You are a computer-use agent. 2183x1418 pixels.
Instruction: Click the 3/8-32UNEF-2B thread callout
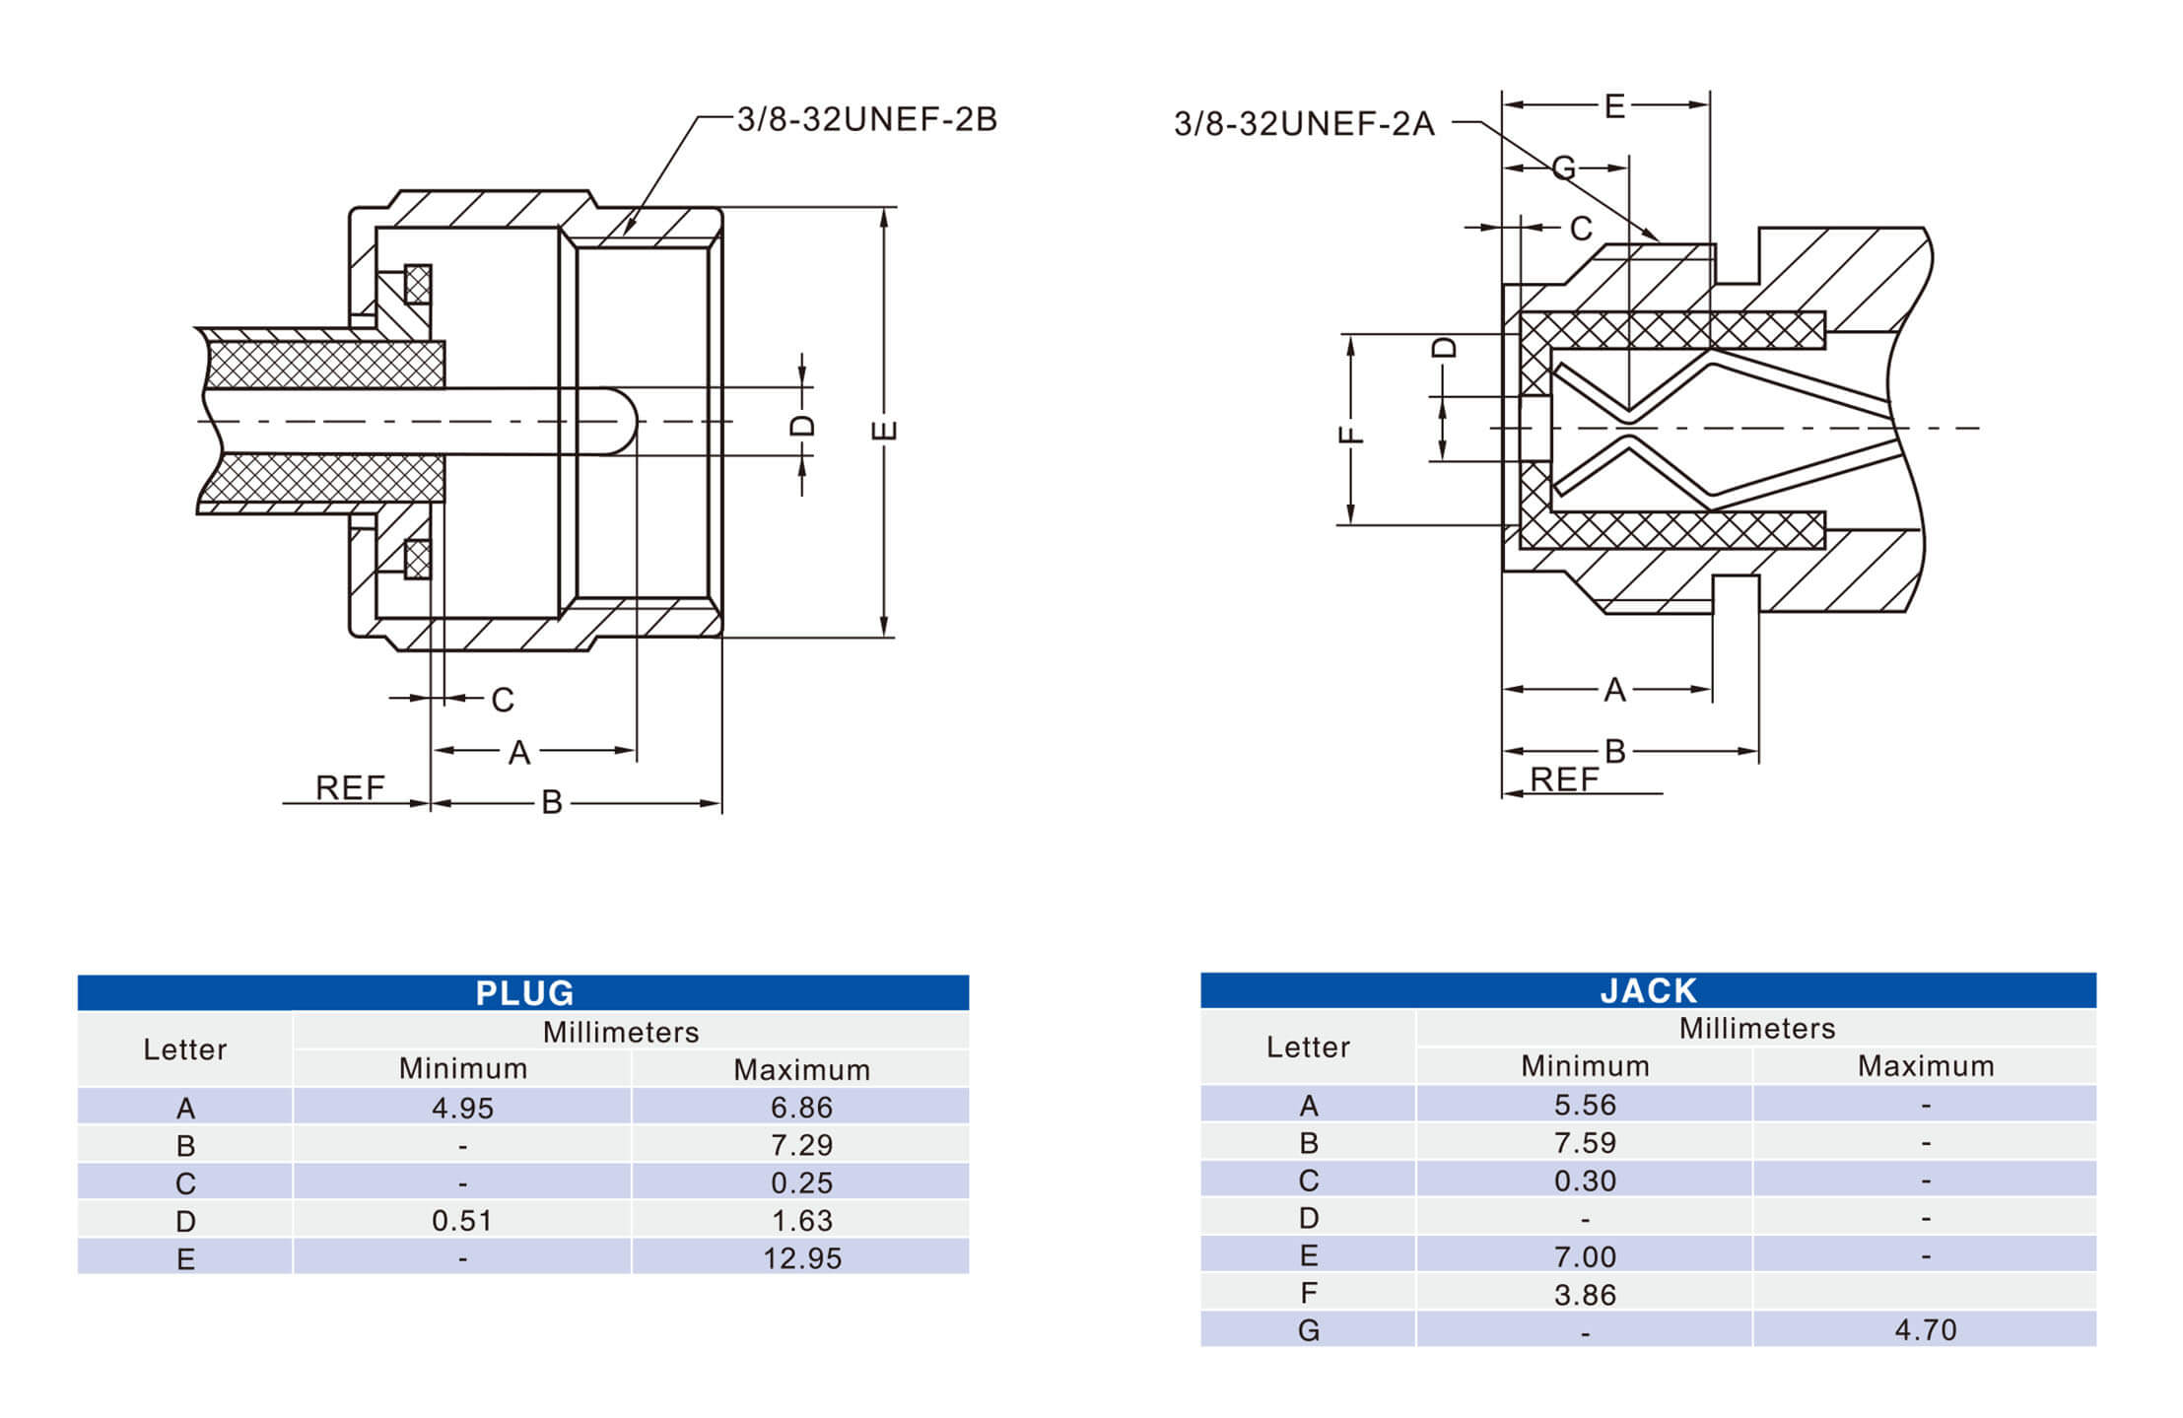pos(866,119)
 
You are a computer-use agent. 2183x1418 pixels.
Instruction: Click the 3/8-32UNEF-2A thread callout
pos(1303,124)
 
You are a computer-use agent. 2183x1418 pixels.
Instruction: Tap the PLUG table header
pos(523,992)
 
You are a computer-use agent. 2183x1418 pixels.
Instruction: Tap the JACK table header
pos(1648,989)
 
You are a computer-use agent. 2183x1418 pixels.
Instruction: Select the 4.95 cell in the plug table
pos(462,1108)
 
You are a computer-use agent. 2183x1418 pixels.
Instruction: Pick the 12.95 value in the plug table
pos(801,1258)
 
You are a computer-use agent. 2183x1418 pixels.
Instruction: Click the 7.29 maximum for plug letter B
pos(801,1145)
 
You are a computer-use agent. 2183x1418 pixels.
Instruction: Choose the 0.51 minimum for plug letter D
pos(462,1221)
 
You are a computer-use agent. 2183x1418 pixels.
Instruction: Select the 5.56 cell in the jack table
pos(1585,1105)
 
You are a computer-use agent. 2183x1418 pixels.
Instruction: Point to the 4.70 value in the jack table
pos(1925,1329)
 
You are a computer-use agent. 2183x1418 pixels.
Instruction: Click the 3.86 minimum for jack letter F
pos(1585,1294)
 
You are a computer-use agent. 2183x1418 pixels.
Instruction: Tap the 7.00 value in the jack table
pos(1585,1256)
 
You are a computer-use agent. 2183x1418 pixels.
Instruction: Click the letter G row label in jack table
pos(1308,1330)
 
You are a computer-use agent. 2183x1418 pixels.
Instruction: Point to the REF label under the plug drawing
pos(350,787)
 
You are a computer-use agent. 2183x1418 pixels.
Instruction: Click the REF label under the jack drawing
pos(1564,779)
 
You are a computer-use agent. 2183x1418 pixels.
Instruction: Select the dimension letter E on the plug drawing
pos(885,431)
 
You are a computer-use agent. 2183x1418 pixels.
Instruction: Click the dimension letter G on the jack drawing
pos(1564,169)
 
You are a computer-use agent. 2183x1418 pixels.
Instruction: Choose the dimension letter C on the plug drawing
pos(503,700)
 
